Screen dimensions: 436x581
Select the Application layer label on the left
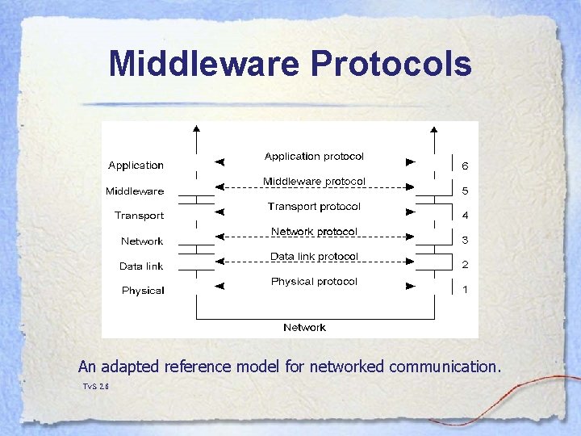[136, 166]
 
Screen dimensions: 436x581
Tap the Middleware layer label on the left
[135, 191]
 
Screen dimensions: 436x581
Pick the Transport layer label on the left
[139, 216]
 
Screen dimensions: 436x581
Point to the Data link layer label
[141, 266]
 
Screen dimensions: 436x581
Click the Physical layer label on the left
[143, 291]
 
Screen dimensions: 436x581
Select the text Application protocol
[314, 156]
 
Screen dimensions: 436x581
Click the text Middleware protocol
[314, 181]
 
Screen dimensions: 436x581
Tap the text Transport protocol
[314, 207]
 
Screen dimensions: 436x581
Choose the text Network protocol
[314, 232]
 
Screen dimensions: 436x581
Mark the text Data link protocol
[314, 257]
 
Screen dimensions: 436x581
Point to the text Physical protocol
[314, 282]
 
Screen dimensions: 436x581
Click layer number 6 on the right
[465, 166]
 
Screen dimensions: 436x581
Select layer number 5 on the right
[465, 191]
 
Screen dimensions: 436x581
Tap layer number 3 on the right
[465, 240]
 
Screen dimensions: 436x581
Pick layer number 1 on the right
[465, 290]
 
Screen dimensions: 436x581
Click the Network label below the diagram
[304, 327]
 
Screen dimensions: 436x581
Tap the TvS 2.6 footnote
[95, 387]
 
